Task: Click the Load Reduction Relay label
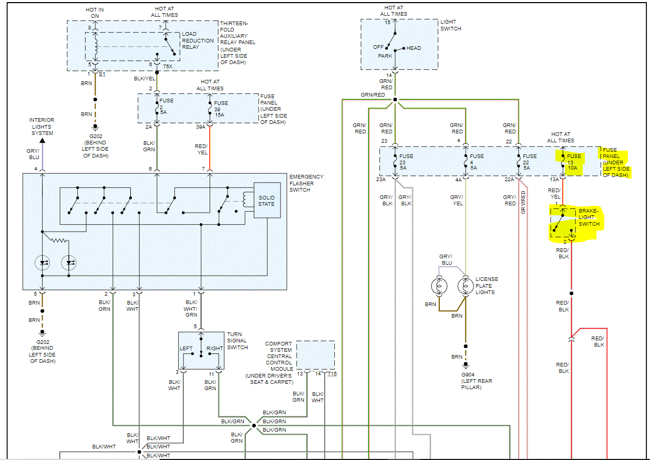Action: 198,40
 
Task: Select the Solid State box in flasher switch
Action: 266,201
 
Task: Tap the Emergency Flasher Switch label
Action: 306,183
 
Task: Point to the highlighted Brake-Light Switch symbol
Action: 563,223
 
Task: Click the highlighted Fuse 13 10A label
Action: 574,162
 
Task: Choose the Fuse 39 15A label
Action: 221,109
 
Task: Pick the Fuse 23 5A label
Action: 406,162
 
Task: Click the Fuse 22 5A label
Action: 530,162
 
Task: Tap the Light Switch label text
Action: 451,25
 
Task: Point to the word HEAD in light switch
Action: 414,48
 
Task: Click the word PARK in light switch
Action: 385,56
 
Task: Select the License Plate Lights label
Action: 487,286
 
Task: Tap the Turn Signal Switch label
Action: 238,341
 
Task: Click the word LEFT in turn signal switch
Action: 186,348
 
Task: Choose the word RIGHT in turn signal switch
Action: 215,348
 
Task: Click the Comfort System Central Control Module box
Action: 315,356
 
